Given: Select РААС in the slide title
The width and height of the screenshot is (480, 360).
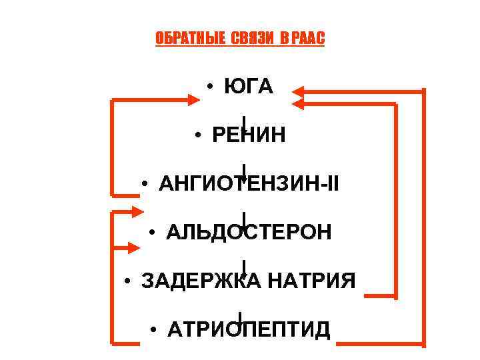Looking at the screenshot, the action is click(x=308, y=39).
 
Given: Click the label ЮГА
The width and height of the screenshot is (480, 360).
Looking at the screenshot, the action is click(x=249, y=87).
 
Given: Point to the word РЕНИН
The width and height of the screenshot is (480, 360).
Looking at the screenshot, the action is click(x=249, y=135).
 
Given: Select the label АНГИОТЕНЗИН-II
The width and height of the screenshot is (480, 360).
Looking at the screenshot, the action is click(x=249, y=183).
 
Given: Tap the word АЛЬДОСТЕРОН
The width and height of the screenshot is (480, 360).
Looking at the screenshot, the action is click(x=249, y=232).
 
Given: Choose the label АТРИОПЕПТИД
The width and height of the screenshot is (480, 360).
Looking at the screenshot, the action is click(x=249, y=329).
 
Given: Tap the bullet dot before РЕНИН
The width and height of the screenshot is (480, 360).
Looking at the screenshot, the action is click(x=199, y=135).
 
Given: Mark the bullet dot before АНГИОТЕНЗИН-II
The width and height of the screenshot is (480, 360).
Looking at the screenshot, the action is click(x=145, y=184).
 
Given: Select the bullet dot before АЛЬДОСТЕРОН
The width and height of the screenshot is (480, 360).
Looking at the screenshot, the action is click(x=153, y=233).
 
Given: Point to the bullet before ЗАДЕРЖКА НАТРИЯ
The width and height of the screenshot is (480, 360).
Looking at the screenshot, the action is click(x=127, y=281).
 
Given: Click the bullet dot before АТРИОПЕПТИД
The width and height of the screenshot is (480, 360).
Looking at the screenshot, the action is click(x=153, y=330).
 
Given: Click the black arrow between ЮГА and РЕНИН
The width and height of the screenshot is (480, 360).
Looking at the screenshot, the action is click(x=245, y=122).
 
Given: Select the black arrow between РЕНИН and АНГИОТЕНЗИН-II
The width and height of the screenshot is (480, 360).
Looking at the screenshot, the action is click(x=245, y=171).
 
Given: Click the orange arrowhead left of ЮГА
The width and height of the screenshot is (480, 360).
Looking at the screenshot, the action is click(x=194, y=99).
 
